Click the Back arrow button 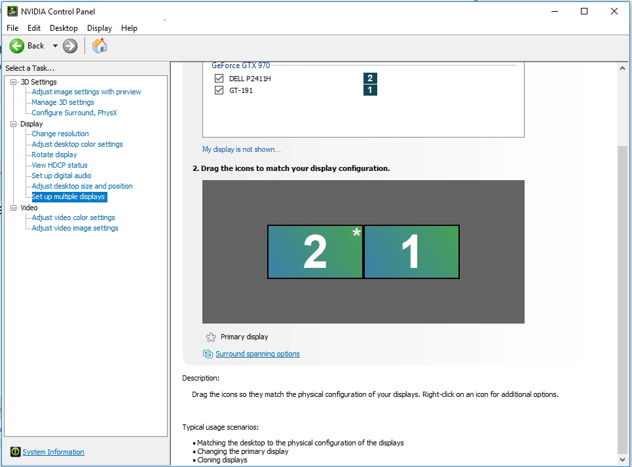17,46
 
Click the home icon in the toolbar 100,46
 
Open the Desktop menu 64,28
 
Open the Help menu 129,28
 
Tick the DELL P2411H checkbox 219,78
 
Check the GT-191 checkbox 219,90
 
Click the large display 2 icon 315,252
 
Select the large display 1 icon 411,252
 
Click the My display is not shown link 242,149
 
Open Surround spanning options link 257,354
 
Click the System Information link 53,452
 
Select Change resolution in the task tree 60,134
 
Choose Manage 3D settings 63,102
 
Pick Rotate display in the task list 54,155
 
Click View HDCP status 60,165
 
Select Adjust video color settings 73,217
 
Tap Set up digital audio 62,176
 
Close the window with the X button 614,11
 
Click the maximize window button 584,11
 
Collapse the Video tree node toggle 14,208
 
